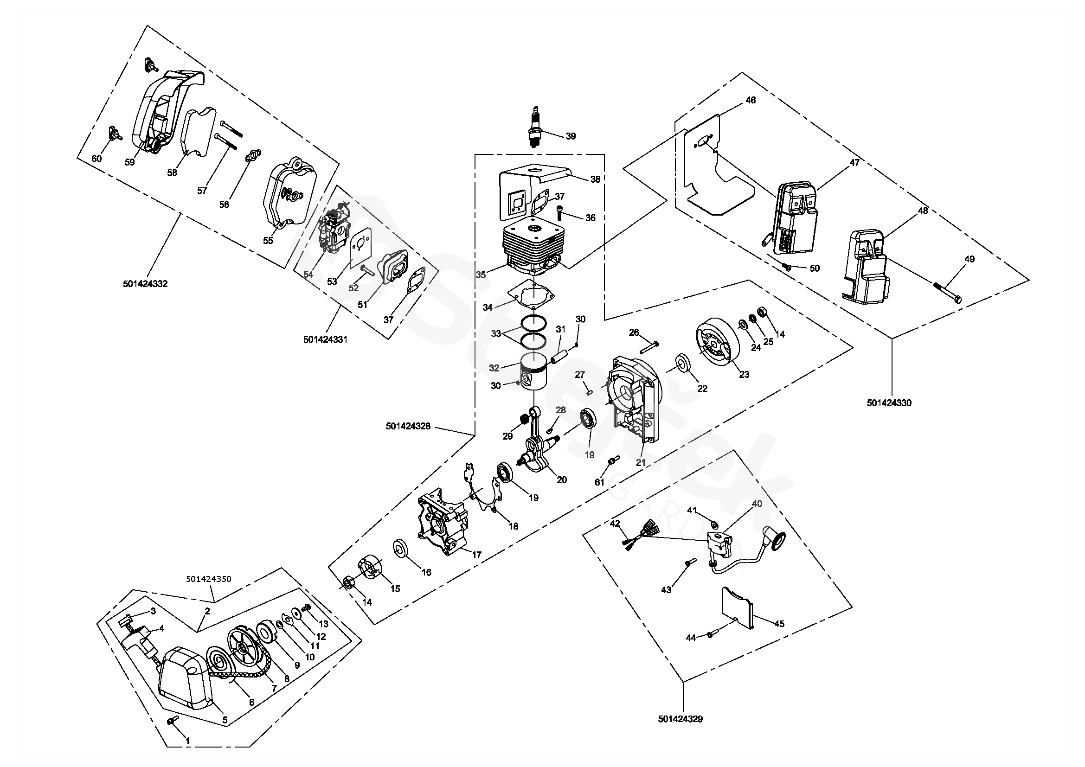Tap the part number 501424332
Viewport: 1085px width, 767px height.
(x=145, y=284)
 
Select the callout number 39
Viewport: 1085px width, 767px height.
(x=571, y=136)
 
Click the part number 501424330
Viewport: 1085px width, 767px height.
(x=889, y=403)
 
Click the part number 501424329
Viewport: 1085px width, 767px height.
(x=680, y=719)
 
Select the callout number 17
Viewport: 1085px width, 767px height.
(x=477, y=555)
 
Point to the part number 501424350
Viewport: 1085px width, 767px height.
(x=208, y=579)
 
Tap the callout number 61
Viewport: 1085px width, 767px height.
(x=599, y=482)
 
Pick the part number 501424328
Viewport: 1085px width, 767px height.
(x=408, y=426)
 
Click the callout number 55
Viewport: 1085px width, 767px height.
(x=268, y=240)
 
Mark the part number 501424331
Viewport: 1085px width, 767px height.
(x=325, y=339)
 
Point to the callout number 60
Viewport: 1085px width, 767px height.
(x=96, y=159)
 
